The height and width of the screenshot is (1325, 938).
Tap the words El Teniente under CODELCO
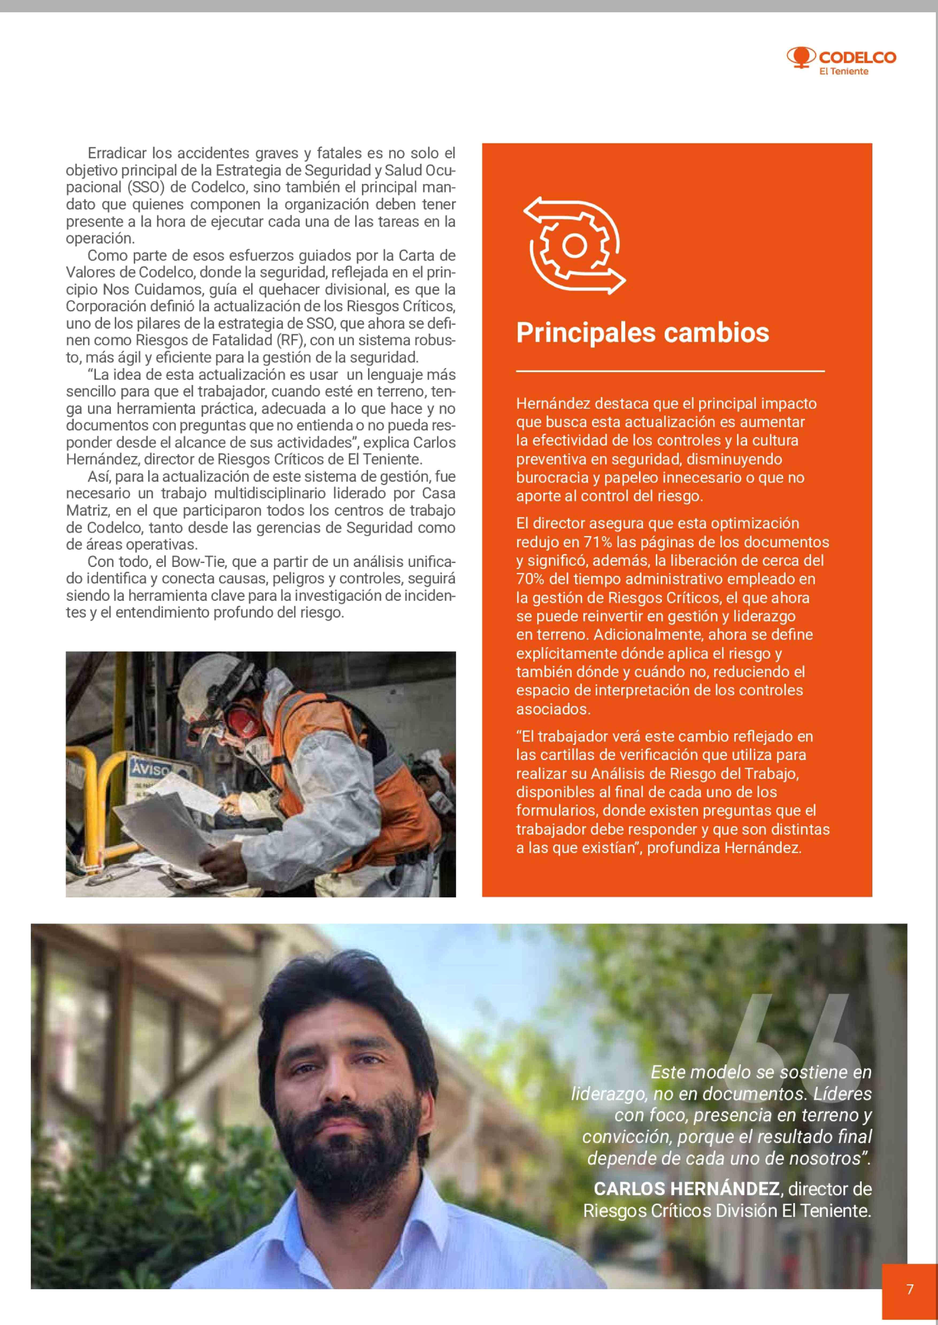point(844,72)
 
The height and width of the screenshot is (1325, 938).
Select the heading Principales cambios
point(642,332)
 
